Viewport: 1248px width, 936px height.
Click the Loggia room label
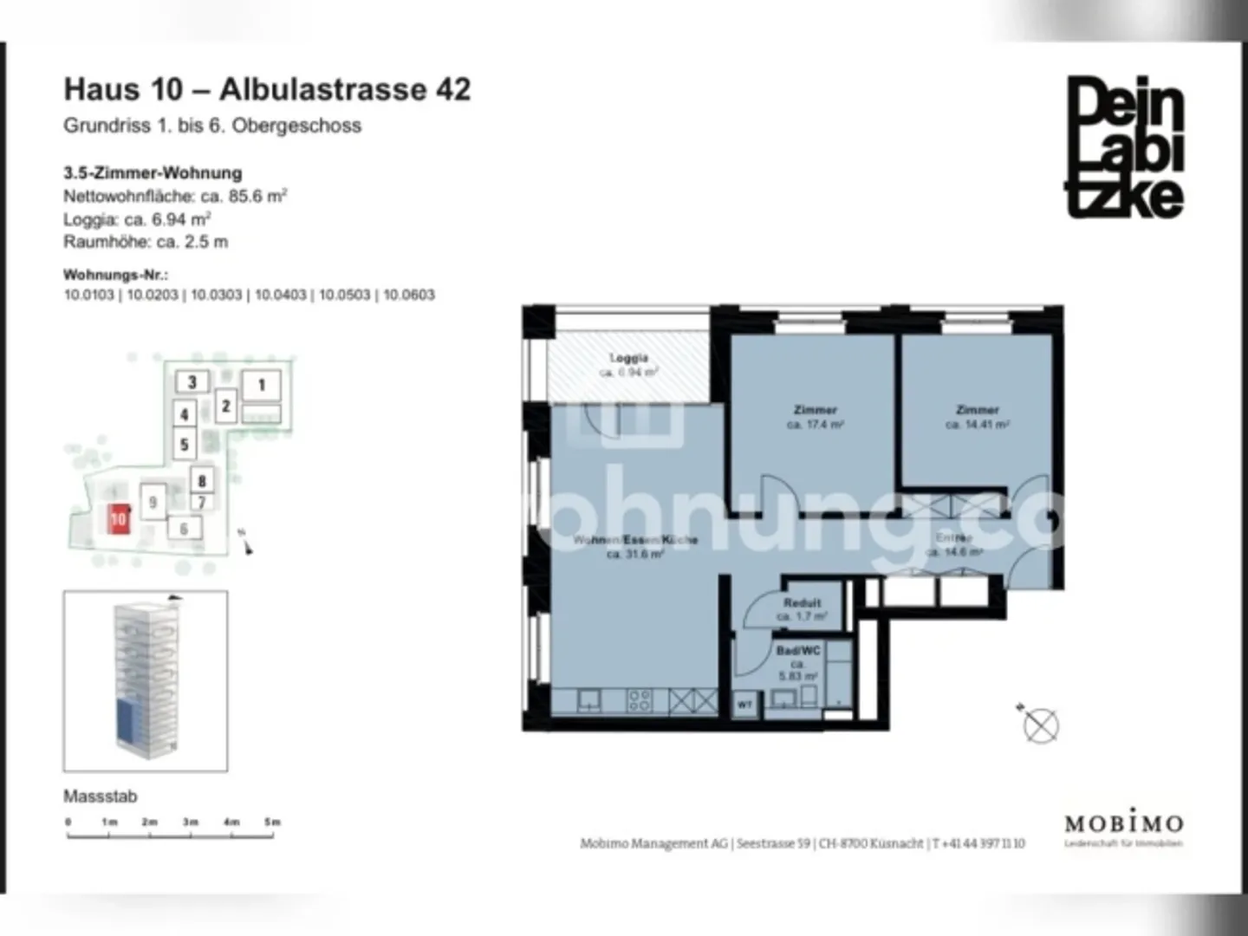[x=629, y=359]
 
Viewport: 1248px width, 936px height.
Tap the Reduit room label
[x=802, y=603]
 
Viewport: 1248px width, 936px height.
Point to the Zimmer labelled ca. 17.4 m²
[x=815, y=410]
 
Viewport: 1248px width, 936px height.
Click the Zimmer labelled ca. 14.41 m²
[x=977, y=410]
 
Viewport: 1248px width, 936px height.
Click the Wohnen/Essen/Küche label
[x=635, y=541]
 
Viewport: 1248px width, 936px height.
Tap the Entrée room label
[x=954, y=539]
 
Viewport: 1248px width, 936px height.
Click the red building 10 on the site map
[x=119, y=519]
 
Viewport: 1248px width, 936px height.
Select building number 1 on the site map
[x=262, y=386]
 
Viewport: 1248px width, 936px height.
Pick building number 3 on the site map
[x=192, y=381]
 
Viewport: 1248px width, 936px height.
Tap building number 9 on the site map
[x=153, y=502]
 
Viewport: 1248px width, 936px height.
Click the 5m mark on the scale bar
[x=272, y=822]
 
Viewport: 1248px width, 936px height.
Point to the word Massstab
[x=101, y=796]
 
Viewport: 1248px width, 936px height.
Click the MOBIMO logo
[x=1123, y=823]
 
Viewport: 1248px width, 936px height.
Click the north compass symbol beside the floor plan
[x=1040, y=725]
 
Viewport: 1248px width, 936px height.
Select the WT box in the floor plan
[x=744, y=705]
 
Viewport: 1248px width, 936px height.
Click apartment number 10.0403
[x=280, y=295]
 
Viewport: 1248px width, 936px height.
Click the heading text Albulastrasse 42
[x=345, y=90]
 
